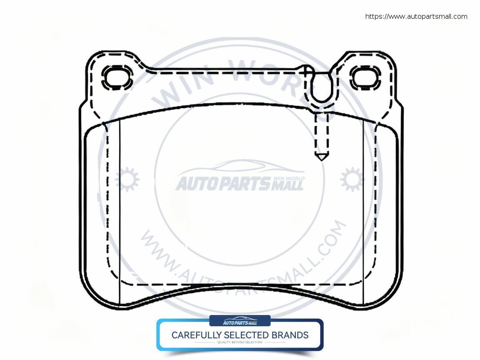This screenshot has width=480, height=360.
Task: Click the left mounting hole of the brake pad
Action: tap(117, 78)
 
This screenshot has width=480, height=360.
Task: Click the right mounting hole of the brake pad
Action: tap(365, 77)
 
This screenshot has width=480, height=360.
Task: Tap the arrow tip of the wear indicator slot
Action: tap(321, 157)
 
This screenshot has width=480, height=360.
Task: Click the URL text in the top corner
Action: tap(416, 17)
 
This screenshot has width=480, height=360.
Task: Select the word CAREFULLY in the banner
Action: tap(197, 335)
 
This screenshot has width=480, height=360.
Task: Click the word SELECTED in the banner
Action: tap(246, 335)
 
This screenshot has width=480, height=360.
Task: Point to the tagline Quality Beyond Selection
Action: tap(240, 342)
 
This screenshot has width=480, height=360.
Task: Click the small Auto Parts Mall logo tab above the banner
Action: tap(240, 321)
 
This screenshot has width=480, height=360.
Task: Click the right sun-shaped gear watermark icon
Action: tap(352, 180)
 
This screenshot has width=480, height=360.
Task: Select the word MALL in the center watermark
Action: tap(287, 185)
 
